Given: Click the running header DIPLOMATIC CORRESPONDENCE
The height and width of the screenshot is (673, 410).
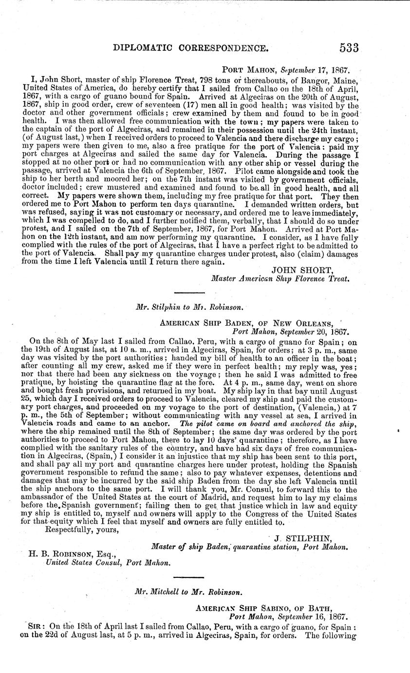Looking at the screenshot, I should pyautogui.click(x=190, y=48).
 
